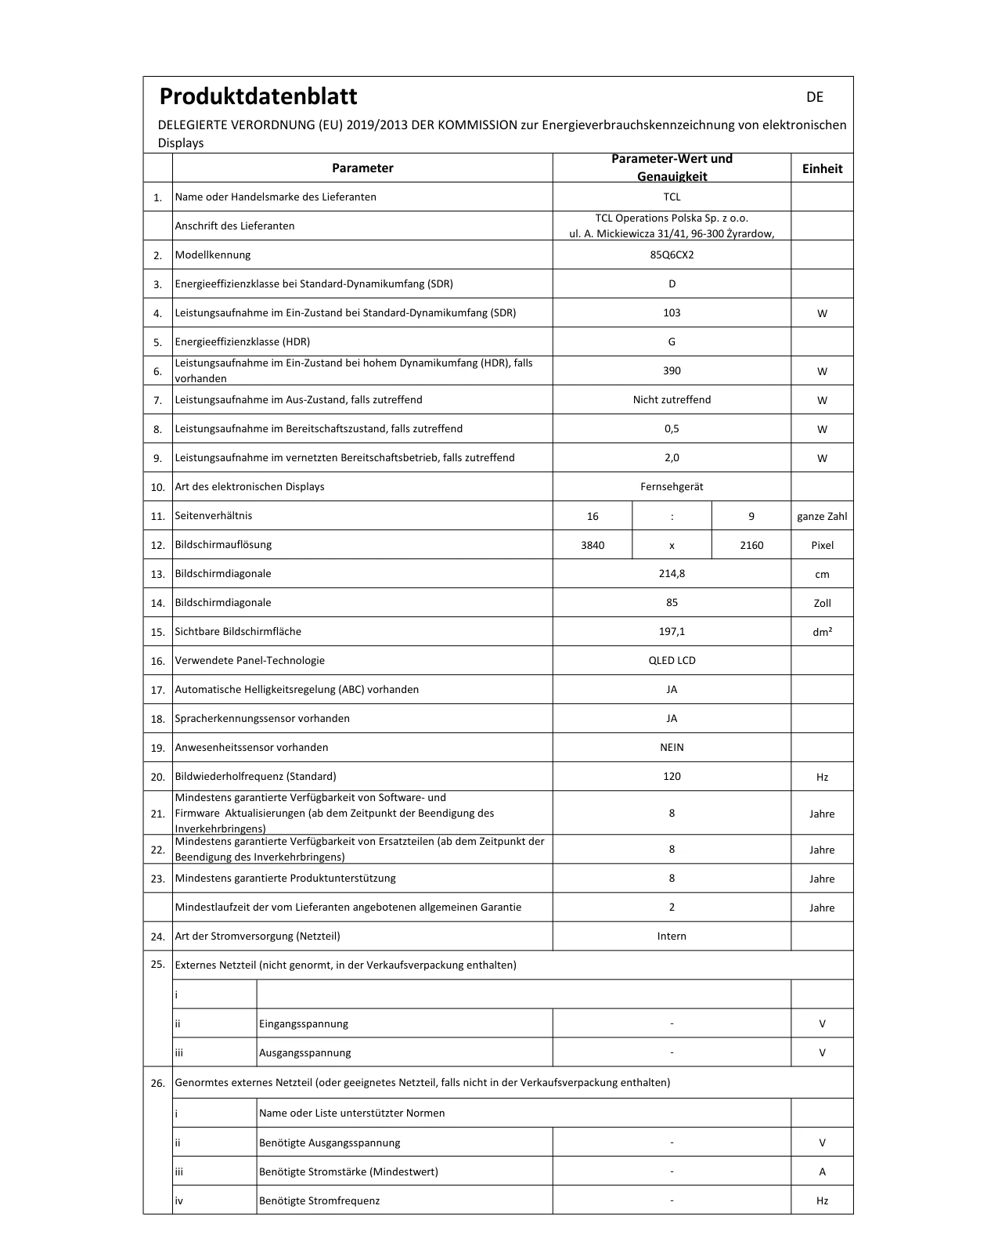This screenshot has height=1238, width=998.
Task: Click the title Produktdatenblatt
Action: click(x=258, y=96)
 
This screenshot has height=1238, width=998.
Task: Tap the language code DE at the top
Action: click(x=815, y=97)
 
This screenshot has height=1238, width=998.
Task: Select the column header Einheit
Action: click(x=822, y=168)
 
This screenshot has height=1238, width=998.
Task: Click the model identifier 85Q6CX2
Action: click(x=672, y=254)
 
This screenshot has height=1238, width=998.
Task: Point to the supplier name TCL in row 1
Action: click(x=672, y=197)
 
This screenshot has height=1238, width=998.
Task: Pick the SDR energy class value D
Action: click(x=672, y=283)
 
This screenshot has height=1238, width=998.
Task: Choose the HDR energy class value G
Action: click(x=672, y=341)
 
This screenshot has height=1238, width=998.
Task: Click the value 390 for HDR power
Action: click(x=672, y=370)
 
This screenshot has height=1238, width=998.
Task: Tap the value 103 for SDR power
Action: click(x=672, y=312)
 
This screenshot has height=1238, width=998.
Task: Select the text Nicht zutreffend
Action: click(x=672, y=399)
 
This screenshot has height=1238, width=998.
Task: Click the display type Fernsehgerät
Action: click(x=672, y=486)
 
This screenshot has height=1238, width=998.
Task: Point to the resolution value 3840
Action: click(x=593, y=545)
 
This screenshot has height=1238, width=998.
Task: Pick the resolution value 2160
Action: click(x=751, y=545)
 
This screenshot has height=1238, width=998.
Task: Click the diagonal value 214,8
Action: click(x=672, y=573)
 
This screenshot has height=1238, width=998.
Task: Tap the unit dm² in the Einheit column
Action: click(x=822, y=632)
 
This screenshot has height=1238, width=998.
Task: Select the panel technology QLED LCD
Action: click(x=672, y=660)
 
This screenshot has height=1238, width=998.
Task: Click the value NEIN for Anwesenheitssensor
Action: click(x=672, y=747)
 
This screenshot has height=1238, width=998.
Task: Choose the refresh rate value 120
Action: click(x=672, y=776)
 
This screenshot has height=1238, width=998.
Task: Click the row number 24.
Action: click(x=157, y=937)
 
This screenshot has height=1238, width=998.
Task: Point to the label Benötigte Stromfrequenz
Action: click(x=319, y=1200)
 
